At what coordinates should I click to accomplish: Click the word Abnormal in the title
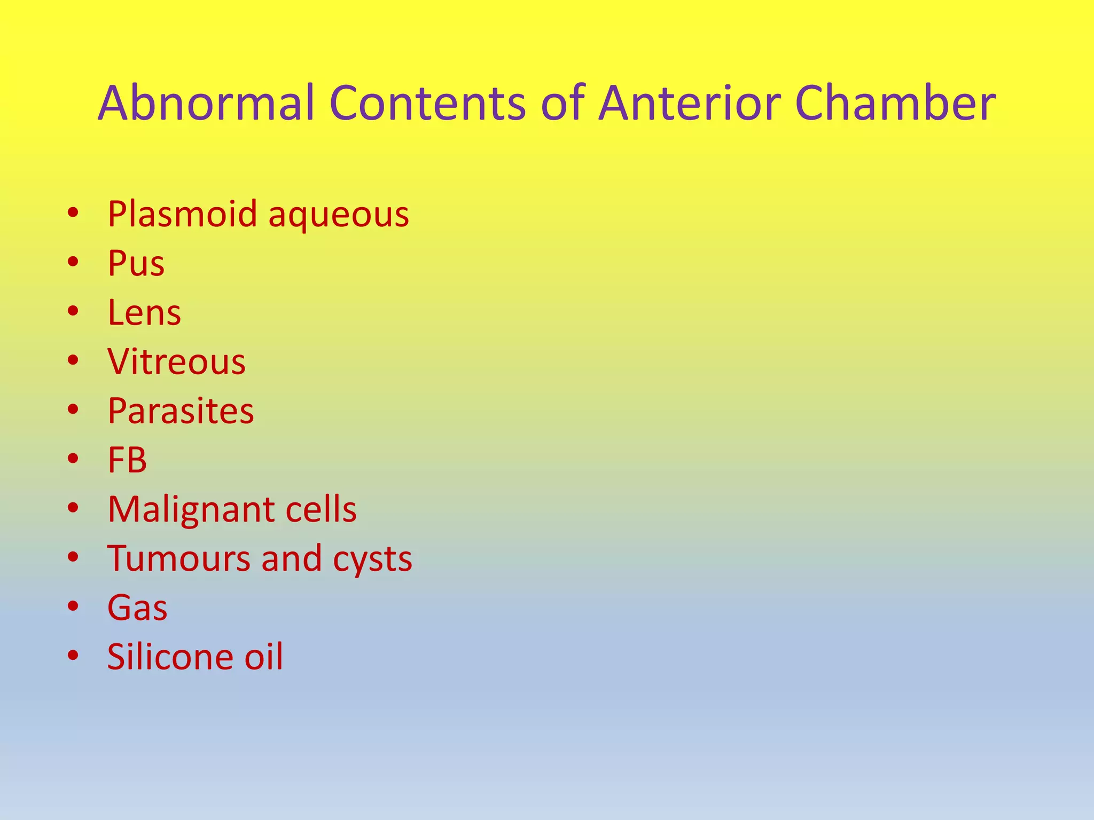[x=206, y=103]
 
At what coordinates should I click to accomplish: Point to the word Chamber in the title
[x=895, y=103]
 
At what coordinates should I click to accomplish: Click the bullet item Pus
[x=136, y=264]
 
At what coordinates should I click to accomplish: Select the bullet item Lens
[x=144, y=313]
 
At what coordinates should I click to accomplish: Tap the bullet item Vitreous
[x=176, y=362]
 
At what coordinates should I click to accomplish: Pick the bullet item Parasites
[x=181, y=411]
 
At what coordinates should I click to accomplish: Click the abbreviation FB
[x=127, y=460]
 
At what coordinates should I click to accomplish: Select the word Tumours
[x=179, y=558]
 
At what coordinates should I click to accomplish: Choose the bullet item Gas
[x=137, y=608]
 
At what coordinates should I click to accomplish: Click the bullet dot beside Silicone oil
[x=73, y=655]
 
